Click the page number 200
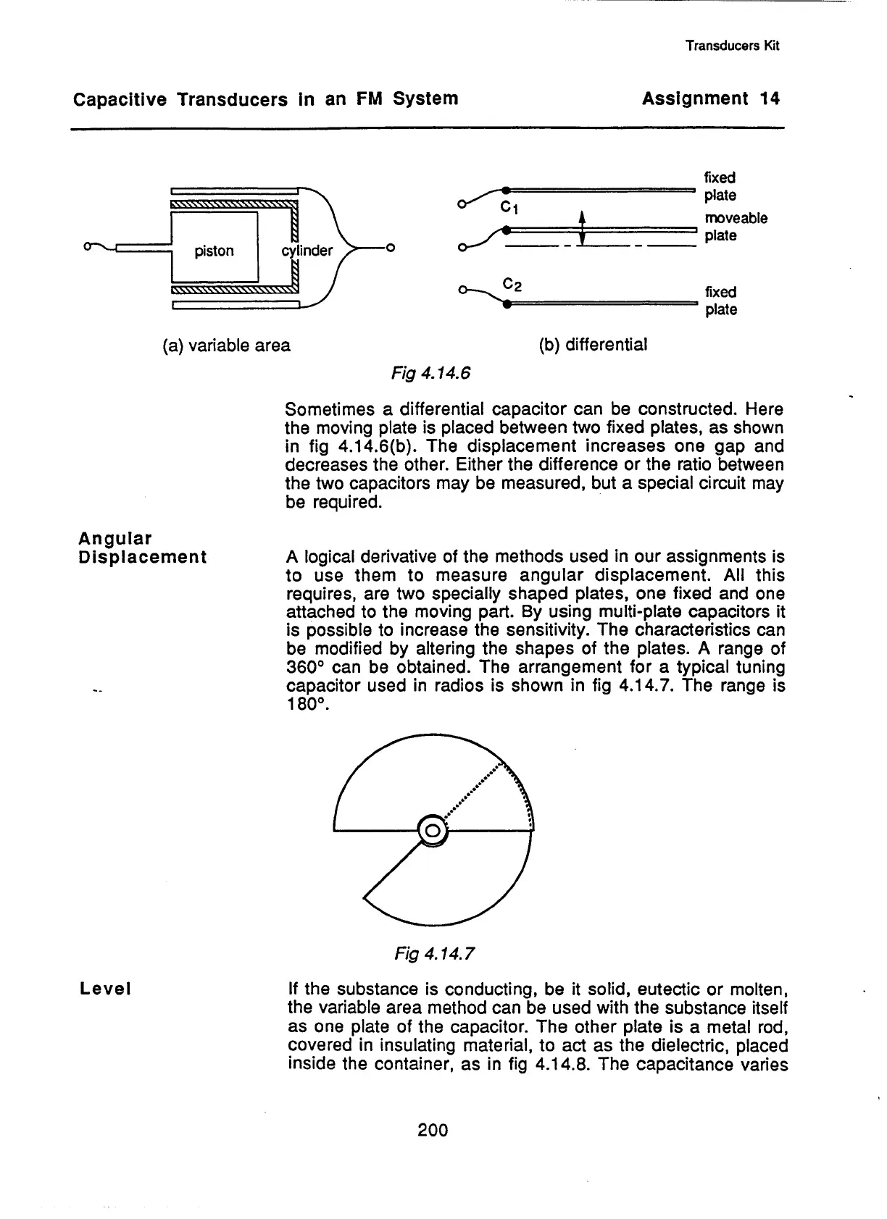433,1129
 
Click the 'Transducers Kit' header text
732,46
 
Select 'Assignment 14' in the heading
710,99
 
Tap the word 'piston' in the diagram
214,251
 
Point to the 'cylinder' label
307,251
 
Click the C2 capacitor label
512,285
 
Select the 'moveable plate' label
735,227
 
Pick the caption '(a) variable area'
225,345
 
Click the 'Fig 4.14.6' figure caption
430,373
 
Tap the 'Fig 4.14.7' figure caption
435,953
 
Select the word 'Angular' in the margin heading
114,539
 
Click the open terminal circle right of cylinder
390,251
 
